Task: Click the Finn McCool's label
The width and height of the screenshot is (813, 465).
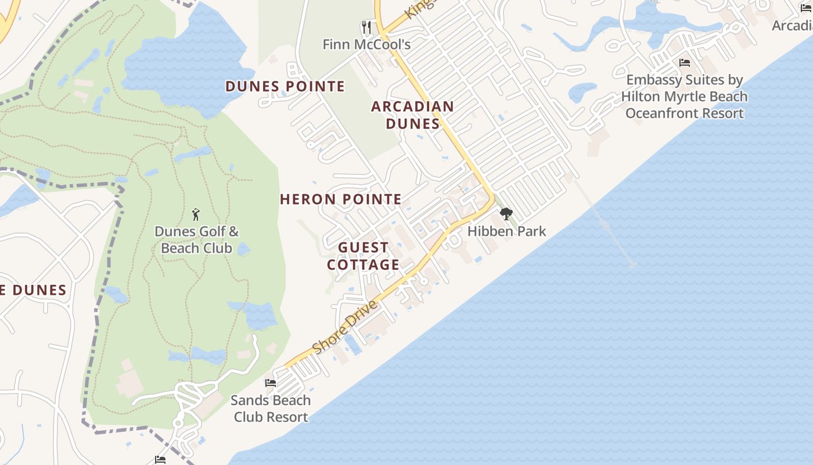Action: (366, 44)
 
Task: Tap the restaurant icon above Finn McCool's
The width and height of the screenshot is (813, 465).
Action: (366, 27)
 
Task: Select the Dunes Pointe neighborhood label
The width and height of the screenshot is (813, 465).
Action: (285, 87)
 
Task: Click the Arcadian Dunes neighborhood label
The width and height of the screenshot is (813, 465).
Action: (412, 115)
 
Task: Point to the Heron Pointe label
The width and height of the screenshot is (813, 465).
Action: (341, 199)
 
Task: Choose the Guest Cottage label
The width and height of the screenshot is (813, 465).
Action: (363, 256)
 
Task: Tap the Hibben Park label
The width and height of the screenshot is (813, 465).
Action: (506, 231)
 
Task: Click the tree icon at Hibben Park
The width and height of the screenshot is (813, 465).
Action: (506, 214)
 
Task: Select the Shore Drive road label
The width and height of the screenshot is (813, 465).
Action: (345, 326)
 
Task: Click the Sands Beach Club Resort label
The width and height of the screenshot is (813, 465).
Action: (271, 409)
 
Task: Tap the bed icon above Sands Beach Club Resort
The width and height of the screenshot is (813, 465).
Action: (271, 383)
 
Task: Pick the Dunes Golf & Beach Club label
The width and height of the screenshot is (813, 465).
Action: (196, 239)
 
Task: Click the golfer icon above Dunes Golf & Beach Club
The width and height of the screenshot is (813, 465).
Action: (196, 214)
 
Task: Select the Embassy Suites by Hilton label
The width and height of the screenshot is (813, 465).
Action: (685, 96)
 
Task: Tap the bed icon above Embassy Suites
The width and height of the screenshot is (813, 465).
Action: (685, 63)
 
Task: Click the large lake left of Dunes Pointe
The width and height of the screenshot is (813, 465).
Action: (186, 64)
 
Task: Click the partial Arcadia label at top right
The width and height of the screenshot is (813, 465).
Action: (792, 26)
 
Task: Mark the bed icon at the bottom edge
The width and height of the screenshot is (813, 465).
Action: (160, 460)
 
